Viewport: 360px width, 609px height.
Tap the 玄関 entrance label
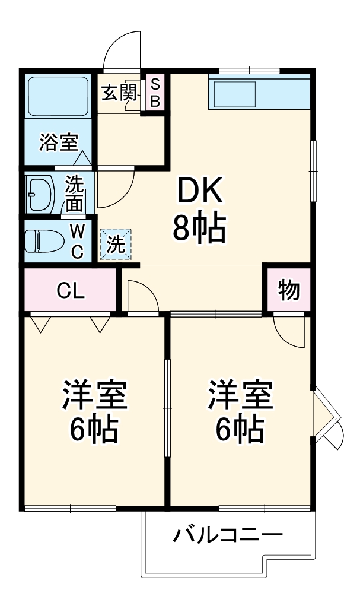point(119,93)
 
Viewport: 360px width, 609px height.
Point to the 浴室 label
point(59,142)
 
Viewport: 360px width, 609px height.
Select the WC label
point(78,240)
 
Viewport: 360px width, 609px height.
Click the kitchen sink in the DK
point(234,94)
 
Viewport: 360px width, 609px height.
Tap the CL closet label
point(71,291)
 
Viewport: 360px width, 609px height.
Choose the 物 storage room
point(288,290)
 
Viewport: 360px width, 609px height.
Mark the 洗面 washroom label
point(74,193)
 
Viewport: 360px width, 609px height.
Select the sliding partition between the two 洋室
point(167,410)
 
